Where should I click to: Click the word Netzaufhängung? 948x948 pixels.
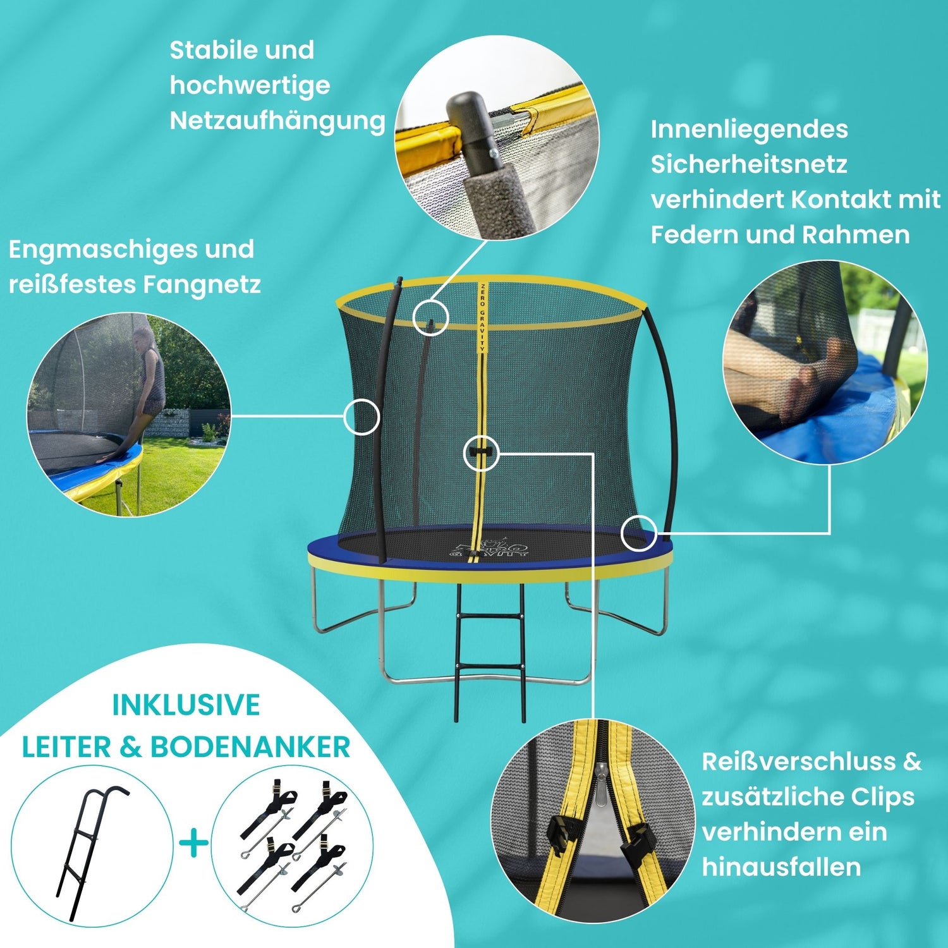click(x=277, y=121)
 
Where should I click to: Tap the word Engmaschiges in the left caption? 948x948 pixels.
click(x=104, y=249)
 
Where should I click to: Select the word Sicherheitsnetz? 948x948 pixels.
click(x=749, y=164)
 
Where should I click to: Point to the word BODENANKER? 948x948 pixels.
click(x=250, y=747)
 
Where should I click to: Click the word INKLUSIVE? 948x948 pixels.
click(x=186, y=705)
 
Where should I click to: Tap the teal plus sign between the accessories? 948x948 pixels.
click(x=194, y=844)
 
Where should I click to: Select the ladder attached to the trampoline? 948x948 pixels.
click(x=490, y=651)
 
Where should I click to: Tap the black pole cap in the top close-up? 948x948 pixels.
click(x=468, y=114)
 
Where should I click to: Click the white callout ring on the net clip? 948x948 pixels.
click(x=481, y=453)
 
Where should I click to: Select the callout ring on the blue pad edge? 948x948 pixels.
click(x=638, y=533)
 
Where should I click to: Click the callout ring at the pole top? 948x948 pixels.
click(x=430, y=316)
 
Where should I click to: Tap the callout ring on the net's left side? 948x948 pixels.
click(x=362, y=416)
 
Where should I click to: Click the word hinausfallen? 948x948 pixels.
click(x=781, y=868)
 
